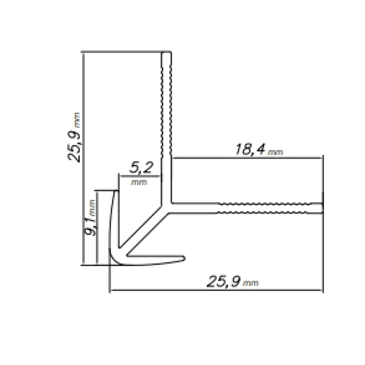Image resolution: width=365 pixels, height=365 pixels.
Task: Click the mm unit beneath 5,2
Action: click(138, 182)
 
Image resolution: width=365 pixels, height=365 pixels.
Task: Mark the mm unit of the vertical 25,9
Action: click(77, 120)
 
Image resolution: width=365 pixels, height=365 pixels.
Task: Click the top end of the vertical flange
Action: click(167, 54)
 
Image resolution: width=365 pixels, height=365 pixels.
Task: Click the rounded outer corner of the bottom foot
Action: click(113, 259)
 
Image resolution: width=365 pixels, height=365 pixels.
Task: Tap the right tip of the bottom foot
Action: click(184, 259)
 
